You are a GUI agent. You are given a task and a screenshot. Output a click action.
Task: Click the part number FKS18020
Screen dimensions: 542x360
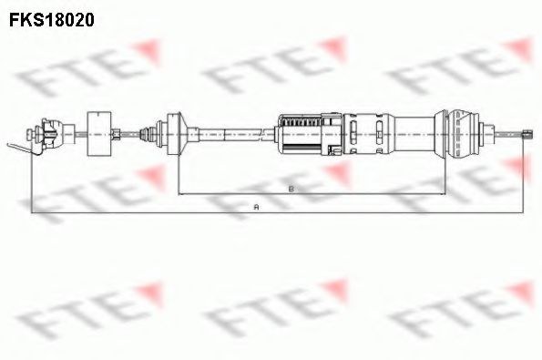click(x=52, y=20)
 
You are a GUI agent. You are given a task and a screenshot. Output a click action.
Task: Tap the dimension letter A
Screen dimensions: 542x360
click(x=256, y=207)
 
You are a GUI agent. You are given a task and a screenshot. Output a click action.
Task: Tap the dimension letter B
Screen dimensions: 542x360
click(x=291, y=189)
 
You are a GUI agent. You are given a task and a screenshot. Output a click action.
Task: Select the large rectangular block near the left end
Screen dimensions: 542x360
click(x=99, y=133)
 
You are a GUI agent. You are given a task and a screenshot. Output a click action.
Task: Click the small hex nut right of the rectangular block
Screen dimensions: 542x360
click(x=116, y=133)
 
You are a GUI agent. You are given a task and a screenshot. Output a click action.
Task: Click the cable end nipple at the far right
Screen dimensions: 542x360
click(x=527, y=134)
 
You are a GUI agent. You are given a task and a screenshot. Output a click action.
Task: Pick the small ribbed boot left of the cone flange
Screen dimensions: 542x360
click(x=148, y=134)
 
